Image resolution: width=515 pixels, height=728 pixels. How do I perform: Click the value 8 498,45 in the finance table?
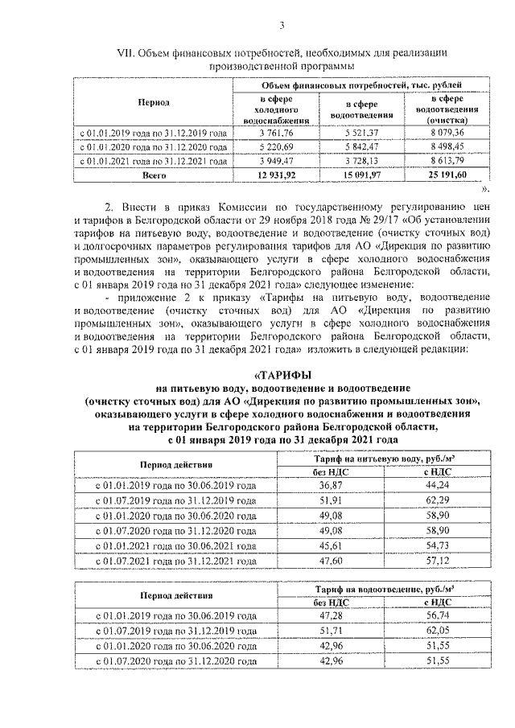[442, 146]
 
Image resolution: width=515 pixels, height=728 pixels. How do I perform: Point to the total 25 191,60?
[442, 174]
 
